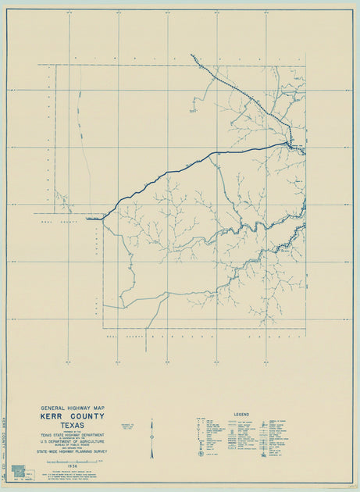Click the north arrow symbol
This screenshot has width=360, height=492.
(x=151, y=438)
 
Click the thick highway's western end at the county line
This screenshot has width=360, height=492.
(x=87, y=219)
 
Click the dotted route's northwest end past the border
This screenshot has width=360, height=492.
(x=191, y=55)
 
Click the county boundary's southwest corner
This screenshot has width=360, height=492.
(x=103, y=328)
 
